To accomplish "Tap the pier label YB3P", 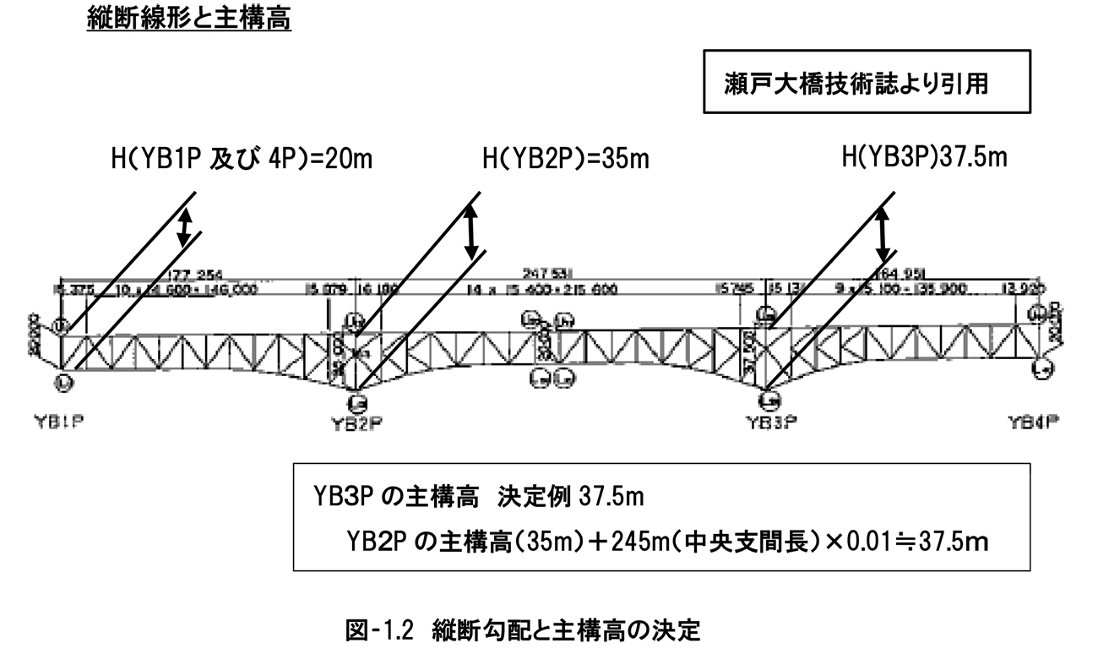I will point(768,422).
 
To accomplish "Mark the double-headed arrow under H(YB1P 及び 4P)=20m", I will point(185,227).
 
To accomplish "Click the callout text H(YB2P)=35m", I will point(566,158).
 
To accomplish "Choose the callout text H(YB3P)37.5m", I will point(924,157).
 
